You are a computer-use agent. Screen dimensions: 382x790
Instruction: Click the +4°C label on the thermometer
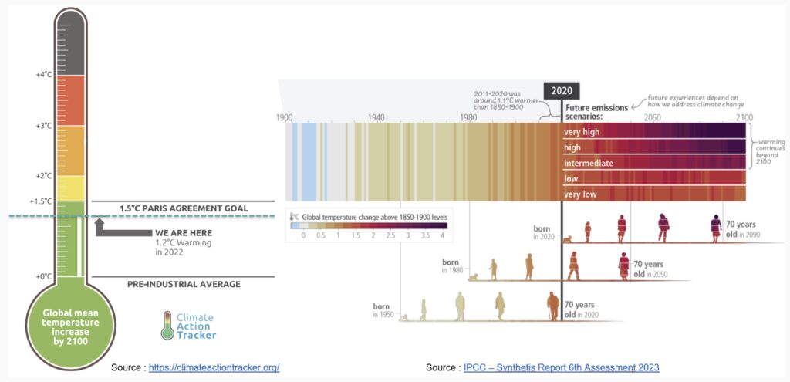click(x=43, y=75)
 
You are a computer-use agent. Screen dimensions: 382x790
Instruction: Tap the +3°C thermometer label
click(x=43, y=125)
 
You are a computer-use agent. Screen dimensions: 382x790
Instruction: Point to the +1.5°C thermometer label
click(x=41, y=201)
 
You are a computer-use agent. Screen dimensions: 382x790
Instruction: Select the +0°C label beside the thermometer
click(x=43, y=276)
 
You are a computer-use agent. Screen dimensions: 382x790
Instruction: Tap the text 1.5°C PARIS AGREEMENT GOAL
click(x=184, y=208)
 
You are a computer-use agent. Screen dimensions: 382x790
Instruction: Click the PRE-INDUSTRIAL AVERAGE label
click(x=184, y=284)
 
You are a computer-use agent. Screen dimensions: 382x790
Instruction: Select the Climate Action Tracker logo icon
click(x=167, y=326)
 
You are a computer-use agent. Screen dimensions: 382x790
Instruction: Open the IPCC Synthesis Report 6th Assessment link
click(x=561, y=367)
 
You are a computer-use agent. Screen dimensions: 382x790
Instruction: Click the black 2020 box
click(x=561, y=90)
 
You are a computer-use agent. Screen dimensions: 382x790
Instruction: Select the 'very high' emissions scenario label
click(x=582, y=132)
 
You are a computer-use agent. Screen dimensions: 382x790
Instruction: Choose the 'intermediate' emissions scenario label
click(x=589, y=163)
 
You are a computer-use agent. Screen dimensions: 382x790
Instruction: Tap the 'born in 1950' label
click(x=381, y=310)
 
